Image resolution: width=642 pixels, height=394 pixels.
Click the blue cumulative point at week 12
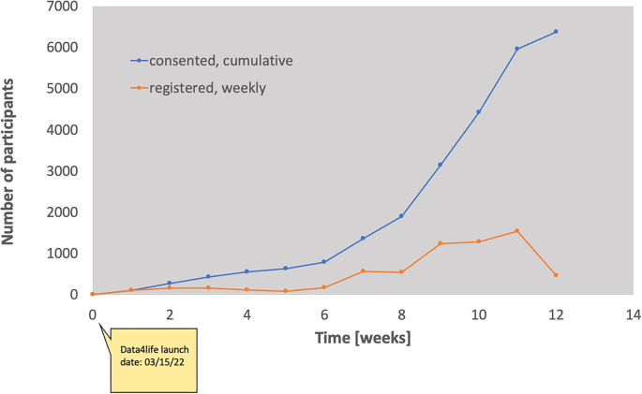pos(556,32)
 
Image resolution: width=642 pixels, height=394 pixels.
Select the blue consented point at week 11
pos(517,49)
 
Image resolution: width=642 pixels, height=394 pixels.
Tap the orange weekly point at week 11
pos(517,231)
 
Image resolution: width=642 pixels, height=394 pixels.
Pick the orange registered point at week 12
pos(556,275)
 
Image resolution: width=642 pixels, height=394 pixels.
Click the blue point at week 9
pos(440,165)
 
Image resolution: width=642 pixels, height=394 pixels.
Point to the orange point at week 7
pos(363,271)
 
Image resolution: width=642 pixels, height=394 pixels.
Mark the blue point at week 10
pos(478,112)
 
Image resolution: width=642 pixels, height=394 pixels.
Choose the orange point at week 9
pos(440,243)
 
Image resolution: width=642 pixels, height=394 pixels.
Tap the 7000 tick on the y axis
pos(63,7)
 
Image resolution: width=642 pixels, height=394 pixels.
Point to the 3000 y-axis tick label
pos(63,171)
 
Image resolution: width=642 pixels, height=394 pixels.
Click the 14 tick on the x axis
pos(633,315)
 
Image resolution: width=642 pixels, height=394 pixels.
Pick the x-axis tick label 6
pos(324,315)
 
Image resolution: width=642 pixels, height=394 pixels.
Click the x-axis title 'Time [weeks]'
pos(362,336)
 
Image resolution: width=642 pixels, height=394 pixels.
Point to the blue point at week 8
pos(401,216)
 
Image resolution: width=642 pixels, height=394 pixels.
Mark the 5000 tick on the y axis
pos(63,89)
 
